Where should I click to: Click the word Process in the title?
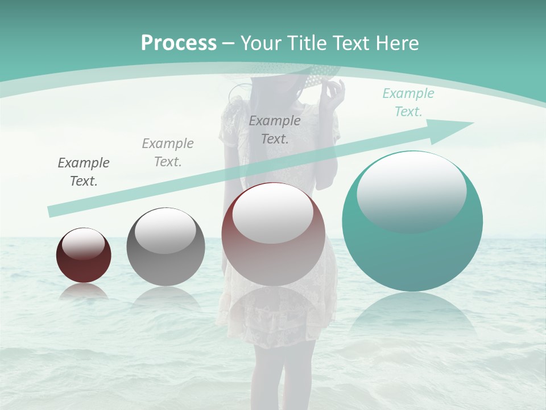tap(179, 43)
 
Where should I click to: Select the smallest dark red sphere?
tap(84, 256)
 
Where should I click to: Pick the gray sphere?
tap(166, 247)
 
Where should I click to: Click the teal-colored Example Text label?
tap(408, 102)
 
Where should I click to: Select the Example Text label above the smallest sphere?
tap(84, 172)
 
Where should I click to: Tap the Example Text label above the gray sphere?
tap(168, 153)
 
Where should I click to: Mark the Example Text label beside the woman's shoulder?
tap(275, 129)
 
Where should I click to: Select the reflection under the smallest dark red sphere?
tap(84, 292)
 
